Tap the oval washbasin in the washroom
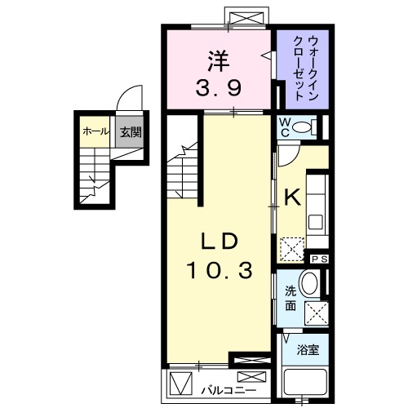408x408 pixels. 309,285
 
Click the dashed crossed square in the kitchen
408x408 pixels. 290,246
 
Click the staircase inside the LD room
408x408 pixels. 184,169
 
